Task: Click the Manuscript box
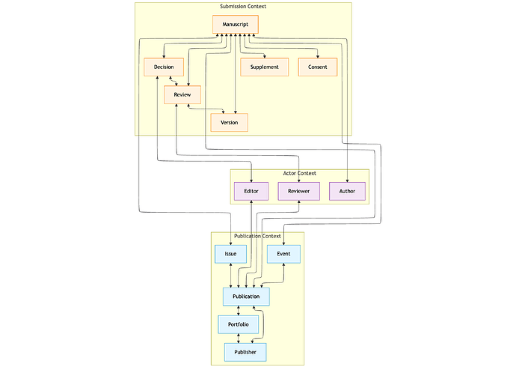tap(235, 25)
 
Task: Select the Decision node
tap(164, 67)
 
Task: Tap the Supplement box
tap(264, 67)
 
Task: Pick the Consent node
tap(317, 67)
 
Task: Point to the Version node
tap(229, 122)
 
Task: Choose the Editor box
tap(251, 191)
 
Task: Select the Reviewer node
tap(298, 191)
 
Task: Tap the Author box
tap(347, 191)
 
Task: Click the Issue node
tap(230, 254)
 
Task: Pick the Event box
tap(283, 254)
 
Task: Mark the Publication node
tap(246, 297)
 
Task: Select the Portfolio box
tap(238, 324)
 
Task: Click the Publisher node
tap(245, 351)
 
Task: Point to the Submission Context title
tap(242, 7)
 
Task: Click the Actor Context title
tap(299, 173)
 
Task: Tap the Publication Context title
tap(257, 236)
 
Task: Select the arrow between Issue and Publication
tap(231, 276)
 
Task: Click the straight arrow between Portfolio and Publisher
tap(238, 338)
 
